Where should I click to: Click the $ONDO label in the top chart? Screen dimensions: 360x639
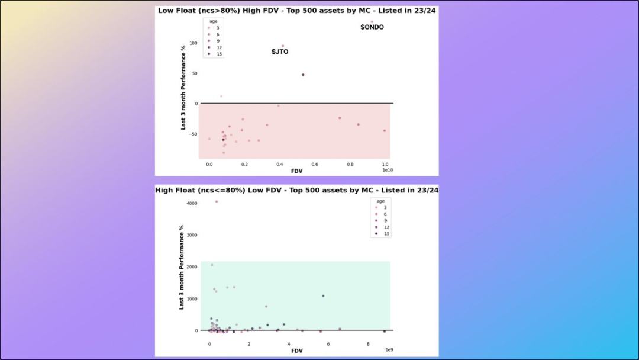(372, 27)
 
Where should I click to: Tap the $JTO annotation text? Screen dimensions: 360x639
(280, 52)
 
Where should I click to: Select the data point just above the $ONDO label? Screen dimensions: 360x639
(372, 22)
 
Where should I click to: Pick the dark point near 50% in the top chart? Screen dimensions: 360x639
(303, 75)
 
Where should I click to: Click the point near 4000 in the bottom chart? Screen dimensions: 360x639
(217, 201)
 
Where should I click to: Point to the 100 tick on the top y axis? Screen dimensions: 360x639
(193, 43)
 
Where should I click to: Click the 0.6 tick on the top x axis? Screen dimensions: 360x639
(315, 165)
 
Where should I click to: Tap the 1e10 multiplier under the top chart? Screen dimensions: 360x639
(387, 170)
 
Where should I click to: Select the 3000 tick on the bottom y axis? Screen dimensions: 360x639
(192, 235)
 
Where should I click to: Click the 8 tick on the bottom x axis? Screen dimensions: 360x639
(368, 344)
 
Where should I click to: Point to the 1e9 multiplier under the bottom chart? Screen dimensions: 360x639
(389, 350)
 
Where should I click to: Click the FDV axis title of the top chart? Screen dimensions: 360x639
(297, 171)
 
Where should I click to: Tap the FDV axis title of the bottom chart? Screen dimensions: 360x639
(297, 351)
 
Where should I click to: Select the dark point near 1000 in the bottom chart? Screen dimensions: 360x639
(323, 296)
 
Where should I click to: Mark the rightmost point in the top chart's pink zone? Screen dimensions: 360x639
(384, 131)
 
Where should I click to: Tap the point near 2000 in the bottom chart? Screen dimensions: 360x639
(212, 265)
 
